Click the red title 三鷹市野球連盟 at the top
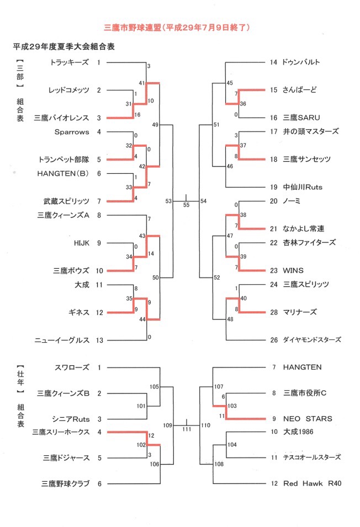[x=133, y=28]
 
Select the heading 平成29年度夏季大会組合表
[x=64, y=46]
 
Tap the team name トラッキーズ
[x=70, y=62]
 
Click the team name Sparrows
[x=72, y=132]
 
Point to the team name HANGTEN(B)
[x=63, y=173]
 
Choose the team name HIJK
[x=82, y=243]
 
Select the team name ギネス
[x=79, y=312]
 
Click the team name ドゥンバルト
[x=301, y=62]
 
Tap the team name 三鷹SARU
[x=301, y=118]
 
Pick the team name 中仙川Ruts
[x=303, y=187]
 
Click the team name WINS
[x=293, y=270]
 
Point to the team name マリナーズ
[x=300, y=312]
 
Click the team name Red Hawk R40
[x=313, y=483]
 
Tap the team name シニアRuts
[x=71, y=419]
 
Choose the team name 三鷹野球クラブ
[x=66, y=483]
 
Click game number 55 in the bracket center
[x=186, y=205]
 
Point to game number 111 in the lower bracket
[x=187, y=429]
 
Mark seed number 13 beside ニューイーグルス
[x=99, y=340]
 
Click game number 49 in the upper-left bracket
[x=155, y=125]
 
